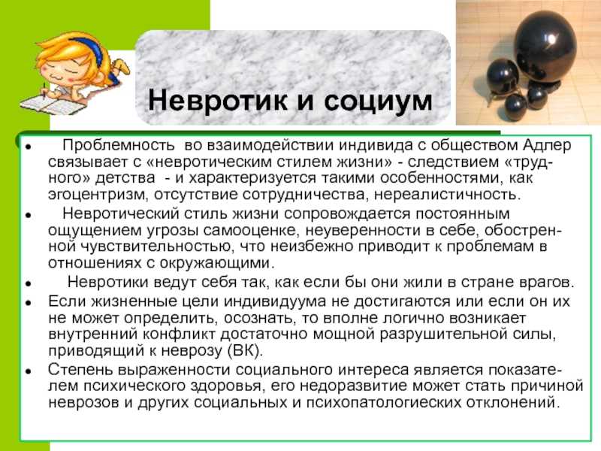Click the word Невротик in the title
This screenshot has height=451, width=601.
tap(217, 100)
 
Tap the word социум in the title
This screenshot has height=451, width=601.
tap(379, 101)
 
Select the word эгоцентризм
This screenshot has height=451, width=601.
tap(98, 195)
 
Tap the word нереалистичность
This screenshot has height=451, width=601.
tap(447, 195)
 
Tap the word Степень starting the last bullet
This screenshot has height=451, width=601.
tap(81, 371)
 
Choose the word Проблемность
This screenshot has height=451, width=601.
tap(119, 145)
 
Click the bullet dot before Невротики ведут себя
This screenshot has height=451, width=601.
tap(28, 284)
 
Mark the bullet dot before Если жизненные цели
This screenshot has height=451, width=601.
tap(28, 303)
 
